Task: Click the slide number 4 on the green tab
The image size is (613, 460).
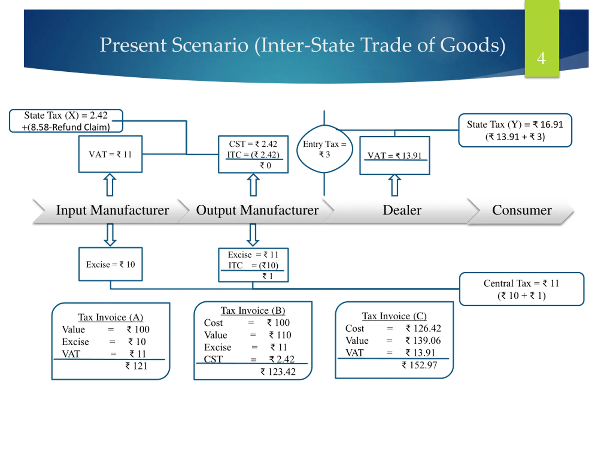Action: pos(541,58)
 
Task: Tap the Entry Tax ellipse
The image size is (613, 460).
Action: pos(324,149)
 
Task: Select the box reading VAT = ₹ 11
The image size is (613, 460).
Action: pos(111,154)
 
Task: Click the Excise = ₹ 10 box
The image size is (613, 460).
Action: pos(111,264)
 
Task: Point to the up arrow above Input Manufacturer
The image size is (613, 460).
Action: pos(110,185)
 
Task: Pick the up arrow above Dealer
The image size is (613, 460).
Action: pos(395,185)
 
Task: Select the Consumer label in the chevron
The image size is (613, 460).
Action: pos(522,210)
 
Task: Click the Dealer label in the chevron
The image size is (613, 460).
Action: pos(402,210)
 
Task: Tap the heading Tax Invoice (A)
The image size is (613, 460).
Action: pos(111,317)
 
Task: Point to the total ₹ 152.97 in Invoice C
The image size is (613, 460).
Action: pos(419,365)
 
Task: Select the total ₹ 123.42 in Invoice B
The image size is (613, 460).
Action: pos(278,372)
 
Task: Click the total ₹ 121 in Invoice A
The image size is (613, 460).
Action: pos(136,366)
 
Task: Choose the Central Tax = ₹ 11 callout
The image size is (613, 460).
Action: pos(522,289)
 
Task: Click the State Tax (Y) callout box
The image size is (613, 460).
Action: pos(515,130)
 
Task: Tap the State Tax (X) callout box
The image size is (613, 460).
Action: pos(66,121)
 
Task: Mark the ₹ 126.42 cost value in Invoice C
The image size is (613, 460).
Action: pos(423,328)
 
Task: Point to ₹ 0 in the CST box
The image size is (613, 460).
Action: pos(265,166)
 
